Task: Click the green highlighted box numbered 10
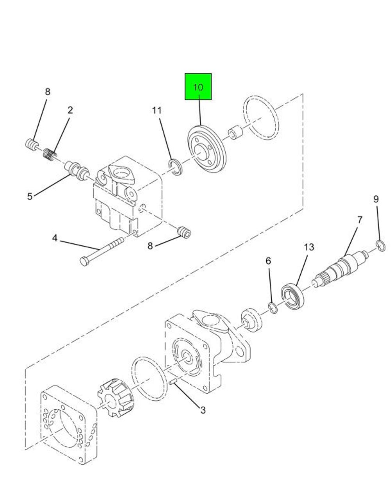[x=198, y=86]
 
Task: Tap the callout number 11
[x=157, y=111]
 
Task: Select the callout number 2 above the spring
[x=70, y=110]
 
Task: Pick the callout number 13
[x=309, y=247]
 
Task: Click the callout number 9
[x=376, y=199]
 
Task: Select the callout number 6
[x=268, y=261]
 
